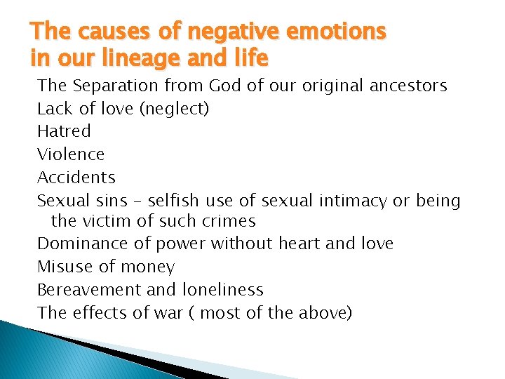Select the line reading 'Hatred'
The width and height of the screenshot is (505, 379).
64,131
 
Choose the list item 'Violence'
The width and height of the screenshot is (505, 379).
71,154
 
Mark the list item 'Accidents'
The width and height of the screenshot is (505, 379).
76,177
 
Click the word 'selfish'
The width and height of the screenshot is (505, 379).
175,201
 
